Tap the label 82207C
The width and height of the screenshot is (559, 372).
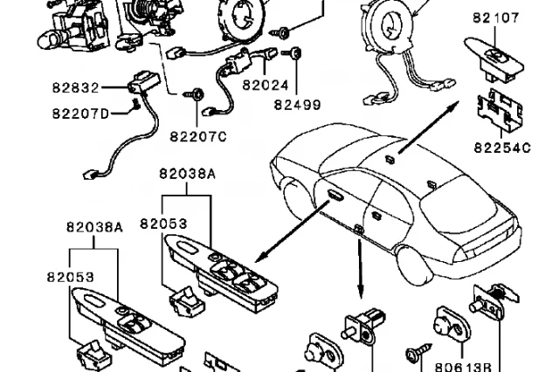(x=197, y=135)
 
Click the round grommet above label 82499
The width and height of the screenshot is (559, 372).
(x=296, y=55)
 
